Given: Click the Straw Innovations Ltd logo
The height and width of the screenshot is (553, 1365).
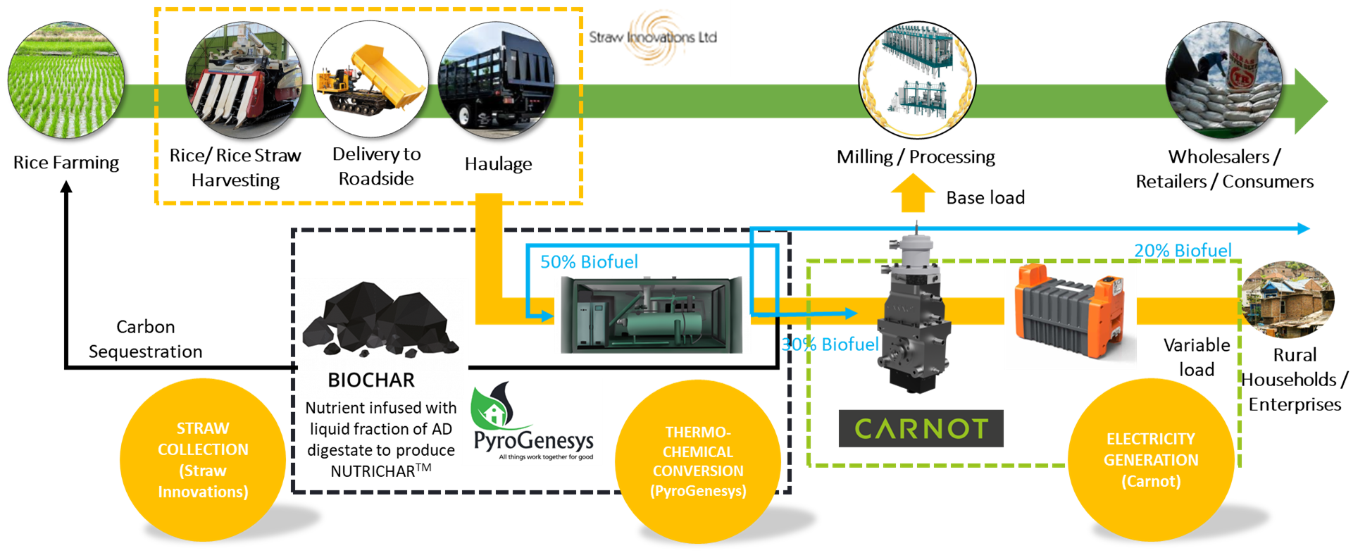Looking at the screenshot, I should point(653,39).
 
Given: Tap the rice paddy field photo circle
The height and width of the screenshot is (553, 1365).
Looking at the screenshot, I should point(66,79).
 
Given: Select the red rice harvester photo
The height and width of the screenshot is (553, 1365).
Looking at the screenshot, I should point(243,80).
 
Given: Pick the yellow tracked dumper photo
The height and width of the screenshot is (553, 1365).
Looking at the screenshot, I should point(370,79).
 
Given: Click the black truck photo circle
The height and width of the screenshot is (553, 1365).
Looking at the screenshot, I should point(496,79).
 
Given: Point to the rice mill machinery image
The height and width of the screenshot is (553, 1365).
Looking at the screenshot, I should point(917,79).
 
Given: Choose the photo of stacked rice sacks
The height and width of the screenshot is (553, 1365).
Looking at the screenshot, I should point(1223,80).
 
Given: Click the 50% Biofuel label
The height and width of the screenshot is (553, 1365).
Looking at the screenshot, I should point(589,262).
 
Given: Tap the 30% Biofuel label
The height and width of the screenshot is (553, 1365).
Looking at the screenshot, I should point(830,344).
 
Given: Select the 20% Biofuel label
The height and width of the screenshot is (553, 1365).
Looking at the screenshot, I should point(1183,251).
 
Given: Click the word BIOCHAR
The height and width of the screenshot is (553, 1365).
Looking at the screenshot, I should point(371,380).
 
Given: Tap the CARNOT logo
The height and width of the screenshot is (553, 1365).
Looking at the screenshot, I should point(921,428).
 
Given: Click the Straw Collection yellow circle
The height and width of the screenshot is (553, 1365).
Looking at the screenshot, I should point(203,460).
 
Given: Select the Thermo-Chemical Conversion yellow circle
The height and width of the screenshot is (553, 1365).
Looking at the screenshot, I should point(698,461).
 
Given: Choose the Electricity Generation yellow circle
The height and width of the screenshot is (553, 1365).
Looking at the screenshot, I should point(1151,460).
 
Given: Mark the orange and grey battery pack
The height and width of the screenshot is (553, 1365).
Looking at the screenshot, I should point(1070,310).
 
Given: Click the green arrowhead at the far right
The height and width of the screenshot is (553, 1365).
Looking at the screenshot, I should point(1310,101).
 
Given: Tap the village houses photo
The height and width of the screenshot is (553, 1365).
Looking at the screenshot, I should point(1287,301).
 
